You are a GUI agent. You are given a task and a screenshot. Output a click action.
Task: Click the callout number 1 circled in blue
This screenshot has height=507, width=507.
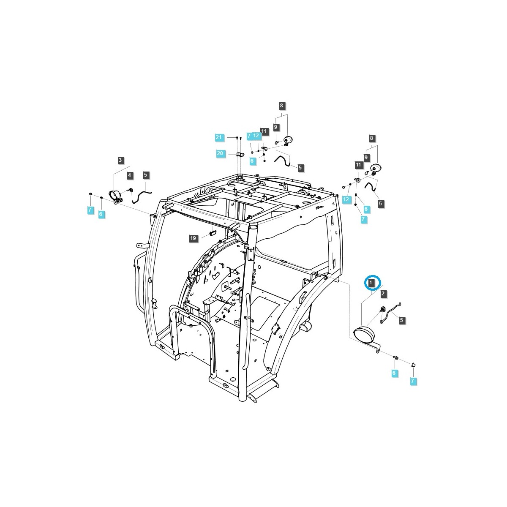tap(371, 283)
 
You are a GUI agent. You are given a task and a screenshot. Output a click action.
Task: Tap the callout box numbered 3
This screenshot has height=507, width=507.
tap(120, 160)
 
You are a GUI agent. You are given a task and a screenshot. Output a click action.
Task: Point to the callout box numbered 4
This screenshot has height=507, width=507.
tap(129, 175)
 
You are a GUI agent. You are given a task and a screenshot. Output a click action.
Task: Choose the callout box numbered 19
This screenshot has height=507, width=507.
tap(193, 238)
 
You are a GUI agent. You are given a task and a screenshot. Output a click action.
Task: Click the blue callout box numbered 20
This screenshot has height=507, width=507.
tap(220, 153)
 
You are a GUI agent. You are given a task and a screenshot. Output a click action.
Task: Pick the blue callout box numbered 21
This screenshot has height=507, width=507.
tap(218, 137)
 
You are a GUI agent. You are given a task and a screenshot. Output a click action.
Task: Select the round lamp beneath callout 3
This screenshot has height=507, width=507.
tap(115, 196)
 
